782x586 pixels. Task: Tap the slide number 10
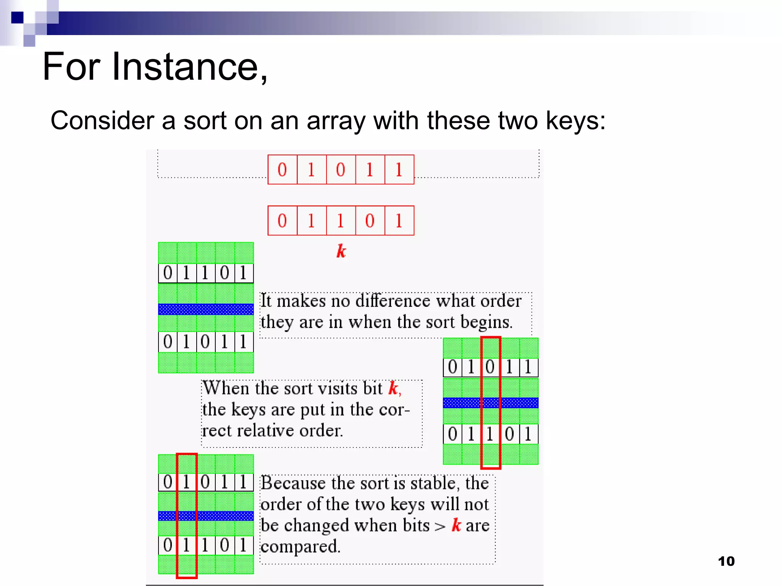tap(726, 561)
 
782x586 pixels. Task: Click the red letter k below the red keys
tap(341, 251)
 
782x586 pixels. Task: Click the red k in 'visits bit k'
tap(393, 388)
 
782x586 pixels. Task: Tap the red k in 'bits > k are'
tap(456, 525)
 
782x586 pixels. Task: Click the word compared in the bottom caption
tap(300, 546)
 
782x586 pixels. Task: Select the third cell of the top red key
tap(341, 169)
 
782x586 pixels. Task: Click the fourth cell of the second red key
tap(370, 221)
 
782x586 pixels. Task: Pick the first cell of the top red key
tap(282, 169)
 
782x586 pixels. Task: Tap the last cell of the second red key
tap(399, 221)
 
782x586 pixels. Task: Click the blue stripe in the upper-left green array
tap(206, 309)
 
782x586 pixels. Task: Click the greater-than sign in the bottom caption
tap(440, 526)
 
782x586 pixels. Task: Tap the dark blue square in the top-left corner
tap(18, 18)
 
